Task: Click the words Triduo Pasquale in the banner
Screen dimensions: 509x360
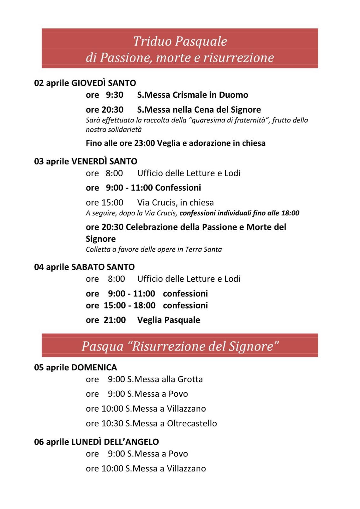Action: pos(180,41)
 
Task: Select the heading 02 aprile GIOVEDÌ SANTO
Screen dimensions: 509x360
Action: pos(85,83)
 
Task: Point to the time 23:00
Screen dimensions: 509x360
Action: pos(144,143)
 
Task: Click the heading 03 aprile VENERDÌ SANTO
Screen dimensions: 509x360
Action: pos(86,161)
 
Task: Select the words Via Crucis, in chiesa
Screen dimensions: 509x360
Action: pos(175,203)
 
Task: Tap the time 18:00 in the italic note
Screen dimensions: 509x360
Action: pos(290,213)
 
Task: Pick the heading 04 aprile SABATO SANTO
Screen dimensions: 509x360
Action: pos(84,267)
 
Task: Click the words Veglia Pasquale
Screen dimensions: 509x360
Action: pos(169,320)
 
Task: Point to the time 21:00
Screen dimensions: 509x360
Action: pos(114,320)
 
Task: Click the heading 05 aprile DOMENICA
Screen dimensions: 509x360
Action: pos(75,367)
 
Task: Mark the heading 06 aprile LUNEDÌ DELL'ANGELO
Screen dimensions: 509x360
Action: pos(96,442)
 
